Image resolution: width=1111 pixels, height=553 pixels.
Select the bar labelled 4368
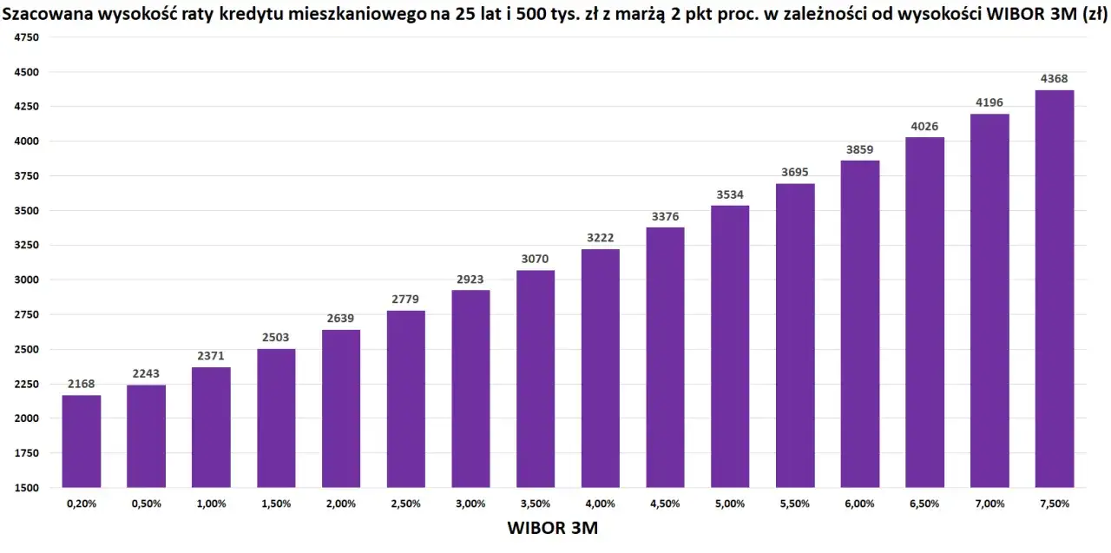(x=1055, y=288)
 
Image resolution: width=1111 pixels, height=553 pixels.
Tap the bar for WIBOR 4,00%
(x=601, y=368)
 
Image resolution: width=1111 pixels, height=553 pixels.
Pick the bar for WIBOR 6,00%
(x=860, y=324)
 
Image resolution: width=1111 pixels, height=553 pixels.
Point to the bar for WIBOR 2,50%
(x=406, y=398)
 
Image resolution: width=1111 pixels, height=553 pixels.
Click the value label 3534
(x=730, y=194)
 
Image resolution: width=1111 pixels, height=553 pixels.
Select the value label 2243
(x=147, y=373)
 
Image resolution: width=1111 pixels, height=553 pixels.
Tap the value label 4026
(x=924, y=126)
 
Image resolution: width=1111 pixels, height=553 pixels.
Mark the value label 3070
(x=536, y=259)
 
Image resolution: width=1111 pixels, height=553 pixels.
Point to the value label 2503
(x=276, y=338)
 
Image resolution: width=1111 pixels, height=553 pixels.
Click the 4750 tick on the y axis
(x=27, y=37)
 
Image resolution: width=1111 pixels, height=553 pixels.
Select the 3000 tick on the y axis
(x=27, y=280)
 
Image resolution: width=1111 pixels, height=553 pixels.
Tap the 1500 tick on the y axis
(x=27, y=488)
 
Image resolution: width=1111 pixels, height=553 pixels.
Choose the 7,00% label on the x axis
(x=989, y=504)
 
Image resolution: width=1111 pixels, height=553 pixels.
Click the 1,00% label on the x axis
(x=211, y=504)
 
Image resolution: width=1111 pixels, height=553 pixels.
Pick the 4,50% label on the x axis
(x=666, y=504)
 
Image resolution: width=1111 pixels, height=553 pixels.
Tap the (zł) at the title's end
(x=1095, y=12)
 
